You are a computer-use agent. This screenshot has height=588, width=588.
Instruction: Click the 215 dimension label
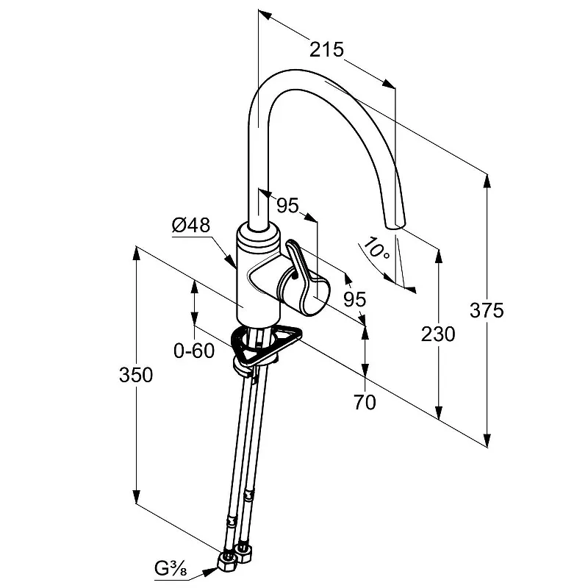pos(327,50)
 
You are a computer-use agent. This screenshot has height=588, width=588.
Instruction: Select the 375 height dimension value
pos(487,310)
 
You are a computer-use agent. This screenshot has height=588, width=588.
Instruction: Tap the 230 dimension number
pos(439,334)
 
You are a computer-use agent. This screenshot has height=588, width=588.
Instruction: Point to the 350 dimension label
pos(136,375)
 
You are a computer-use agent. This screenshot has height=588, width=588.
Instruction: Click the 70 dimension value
pos(365,402)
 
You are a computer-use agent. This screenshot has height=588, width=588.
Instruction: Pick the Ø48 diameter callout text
pos(191,226)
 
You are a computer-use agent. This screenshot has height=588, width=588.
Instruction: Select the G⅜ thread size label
pos(171,567)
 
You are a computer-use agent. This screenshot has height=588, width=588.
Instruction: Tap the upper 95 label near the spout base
pos(288,206)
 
